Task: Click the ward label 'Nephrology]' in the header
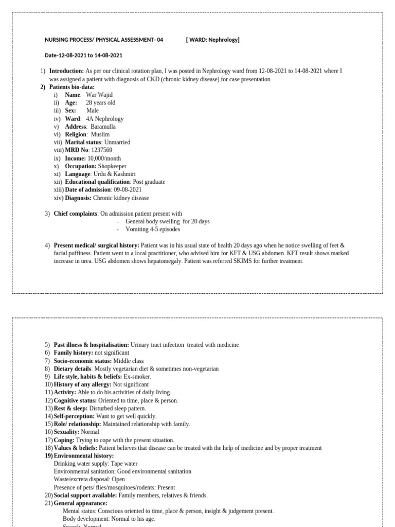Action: (x=224, y=40)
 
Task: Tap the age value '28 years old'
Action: (x=100, y=103)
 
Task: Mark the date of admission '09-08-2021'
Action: (x=128, y=190)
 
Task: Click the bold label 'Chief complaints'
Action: (x=76, y=214)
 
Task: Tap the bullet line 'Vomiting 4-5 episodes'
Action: (x=153, y=230)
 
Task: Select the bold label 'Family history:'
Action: (x=74, y=353)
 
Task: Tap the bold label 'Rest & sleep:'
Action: (x=71, y=409)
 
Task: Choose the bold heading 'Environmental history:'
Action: (x=84, y=456)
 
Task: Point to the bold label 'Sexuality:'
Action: (x=66, y=432)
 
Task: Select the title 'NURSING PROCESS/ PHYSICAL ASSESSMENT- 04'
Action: (x=104, y=40)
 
